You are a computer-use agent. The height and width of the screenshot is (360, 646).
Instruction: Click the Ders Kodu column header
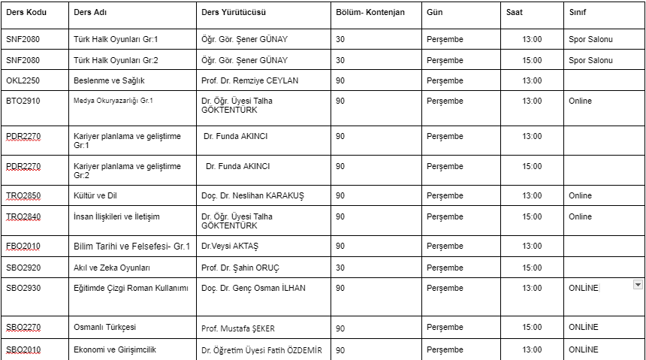[26, 13]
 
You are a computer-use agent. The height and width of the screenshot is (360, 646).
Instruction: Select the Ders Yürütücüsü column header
[234, 13]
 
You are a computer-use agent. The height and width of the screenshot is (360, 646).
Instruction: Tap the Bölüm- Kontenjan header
[370, 13]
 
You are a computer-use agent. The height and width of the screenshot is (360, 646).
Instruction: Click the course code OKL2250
[22, 80]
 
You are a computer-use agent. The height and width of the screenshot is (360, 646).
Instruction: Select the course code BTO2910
[22, 101]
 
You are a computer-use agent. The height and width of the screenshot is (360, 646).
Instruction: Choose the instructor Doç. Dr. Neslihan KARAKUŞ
[253, 195]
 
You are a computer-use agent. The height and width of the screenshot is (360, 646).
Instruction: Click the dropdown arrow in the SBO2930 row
[638, 285]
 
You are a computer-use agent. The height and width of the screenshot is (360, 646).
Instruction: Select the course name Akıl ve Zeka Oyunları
[112, 268]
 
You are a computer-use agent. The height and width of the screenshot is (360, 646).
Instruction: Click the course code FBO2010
[23, 246]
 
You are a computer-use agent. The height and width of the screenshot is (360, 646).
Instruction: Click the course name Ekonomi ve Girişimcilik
[115, 349]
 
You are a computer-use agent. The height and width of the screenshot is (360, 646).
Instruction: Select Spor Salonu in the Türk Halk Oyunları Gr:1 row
[591, 39]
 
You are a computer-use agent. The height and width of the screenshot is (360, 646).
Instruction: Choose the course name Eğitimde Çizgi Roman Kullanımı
[131, 288]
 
